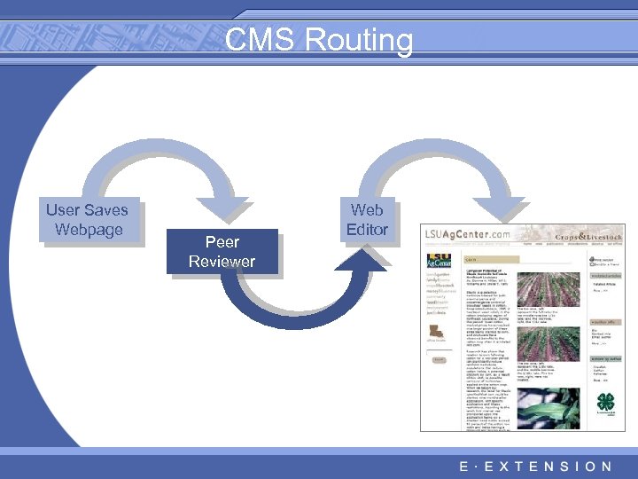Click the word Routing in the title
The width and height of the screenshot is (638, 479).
click(x=360, y=41)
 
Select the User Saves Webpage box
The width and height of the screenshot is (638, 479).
click(x=87, y=220)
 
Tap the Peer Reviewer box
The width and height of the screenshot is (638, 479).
click(x=222, y=251)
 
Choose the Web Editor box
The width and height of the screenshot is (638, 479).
click(x=367, y=220)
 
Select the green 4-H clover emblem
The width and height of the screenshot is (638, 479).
click(x=605, y=400)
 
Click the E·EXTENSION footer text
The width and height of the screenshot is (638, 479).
click(x=535, y=466)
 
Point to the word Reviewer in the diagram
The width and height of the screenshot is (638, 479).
click(x=222, y=261)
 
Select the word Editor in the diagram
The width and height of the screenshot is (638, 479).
click(x=367, y=230)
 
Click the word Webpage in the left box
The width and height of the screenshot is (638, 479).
click(x=87, y=230)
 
